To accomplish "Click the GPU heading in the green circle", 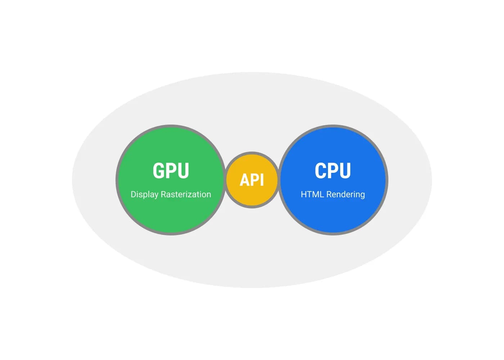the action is pyautogui.click(x=171, y=171).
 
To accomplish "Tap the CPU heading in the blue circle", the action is pyautogui.click(x=333, y=171).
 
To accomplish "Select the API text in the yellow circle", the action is pyautogui.click(x=252, y=180).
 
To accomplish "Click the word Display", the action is pyautogui.click(x=144, y=194).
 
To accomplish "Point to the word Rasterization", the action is pyautogui.click(x=186, y=194).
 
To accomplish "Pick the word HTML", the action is pyautogui.click(x=312, y=194).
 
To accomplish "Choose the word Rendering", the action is pyautogui.click(x=346, y=195).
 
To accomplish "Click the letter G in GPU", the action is pyautogui.click(x=158, y=171).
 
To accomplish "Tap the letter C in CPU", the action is pyautogui.click(x=320, y=171).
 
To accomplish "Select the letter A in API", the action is pyautogui.click(x=244, y=180).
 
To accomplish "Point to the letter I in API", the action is pyautogui.click(x=262, y=180).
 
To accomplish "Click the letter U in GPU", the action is pyautogui.click(x=184, y=171).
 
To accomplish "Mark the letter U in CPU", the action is pyautogui.click(x=345, y=171).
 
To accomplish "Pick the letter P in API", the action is pyautogui.click(x=255, y=180).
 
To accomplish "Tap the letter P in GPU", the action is pyautogui.click(x=171, y=171).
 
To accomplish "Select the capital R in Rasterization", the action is pyautogui.click(x=163, y=194).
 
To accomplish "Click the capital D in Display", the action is pyautogui.click(x=134, y=194).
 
